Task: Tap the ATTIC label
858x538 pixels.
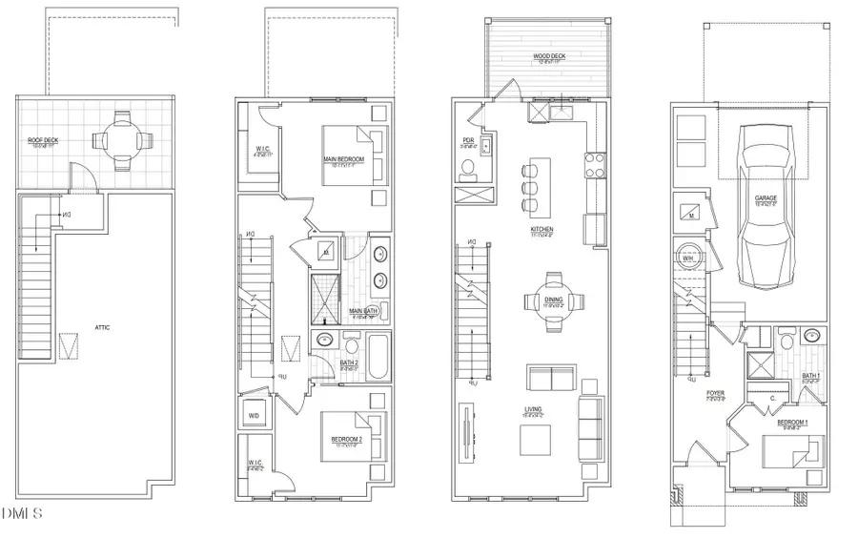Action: [103, 327]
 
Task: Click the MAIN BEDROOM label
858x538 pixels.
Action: [340, 162]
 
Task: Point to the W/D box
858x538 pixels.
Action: [255, 416]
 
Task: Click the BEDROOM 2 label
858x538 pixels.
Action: [346, 440]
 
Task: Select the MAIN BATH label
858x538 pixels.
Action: [364, 311]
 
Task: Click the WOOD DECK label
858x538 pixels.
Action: [547, 56]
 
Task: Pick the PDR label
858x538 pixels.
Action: [468, 139]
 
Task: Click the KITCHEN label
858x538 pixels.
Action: [544, 230]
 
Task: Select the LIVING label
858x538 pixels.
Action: [533, 410]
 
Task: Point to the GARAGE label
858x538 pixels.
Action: [767, 199]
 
